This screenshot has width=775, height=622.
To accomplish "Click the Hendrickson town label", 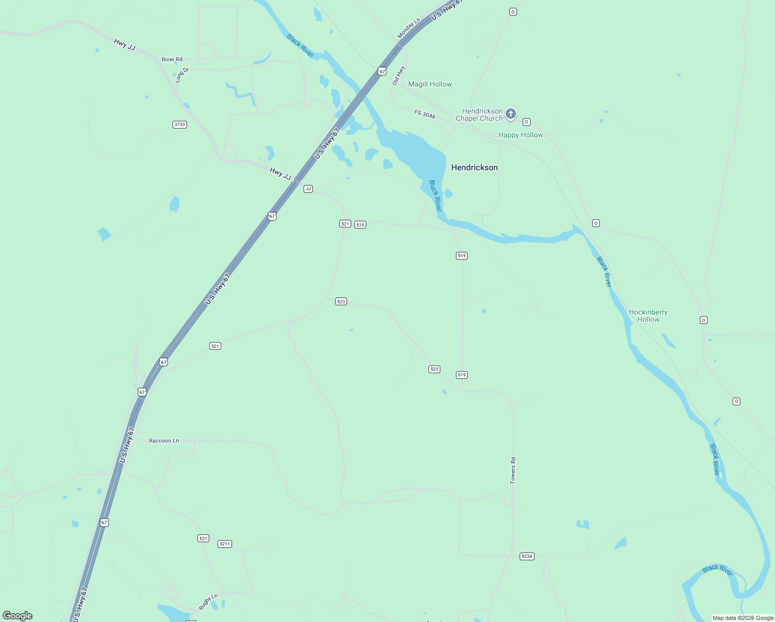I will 474,167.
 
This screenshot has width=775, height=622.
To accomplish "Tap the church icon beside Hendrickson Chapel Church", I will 511,114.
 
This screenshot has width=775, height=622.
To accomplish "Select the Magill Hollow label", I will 430,84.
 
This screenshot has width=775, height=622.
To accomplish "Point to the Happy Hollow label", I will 521,135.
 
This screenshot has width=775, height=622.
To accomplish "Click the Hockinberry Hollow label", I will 648,316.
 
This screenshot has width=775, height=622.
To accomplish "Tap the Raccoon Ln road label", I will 164,441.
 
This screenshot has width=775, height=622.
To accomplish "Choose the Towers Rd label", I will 513,470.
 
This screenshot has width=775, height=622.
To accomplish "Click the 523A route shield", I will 527,556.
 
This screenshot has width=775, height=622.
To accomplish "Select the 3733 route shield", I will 180,124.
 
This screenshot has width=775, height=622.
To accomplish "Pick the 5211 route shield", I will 224,544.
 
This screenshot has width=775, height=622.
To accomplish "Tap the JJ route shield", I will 308,189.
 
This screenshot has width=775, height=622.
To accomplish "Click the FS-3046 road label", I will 425,114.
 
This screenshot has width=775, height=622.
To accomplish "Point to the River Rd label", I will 172,60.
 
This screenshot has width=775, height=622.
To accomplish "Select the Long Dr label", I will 182,75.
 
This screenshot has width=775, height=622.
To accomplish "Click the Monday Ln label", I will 409,29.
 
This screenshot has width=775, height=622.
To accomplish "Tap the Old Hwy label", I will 398,76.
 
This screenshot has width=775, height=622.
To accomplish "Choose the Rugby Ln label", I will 208,602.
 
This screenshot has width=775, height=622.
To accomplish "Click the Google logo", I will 18,616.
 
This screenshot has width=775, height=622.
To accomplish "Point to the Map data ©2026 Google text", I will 743,618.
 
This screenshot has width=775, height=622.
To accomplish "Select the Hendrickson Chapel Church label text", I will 479,115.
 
